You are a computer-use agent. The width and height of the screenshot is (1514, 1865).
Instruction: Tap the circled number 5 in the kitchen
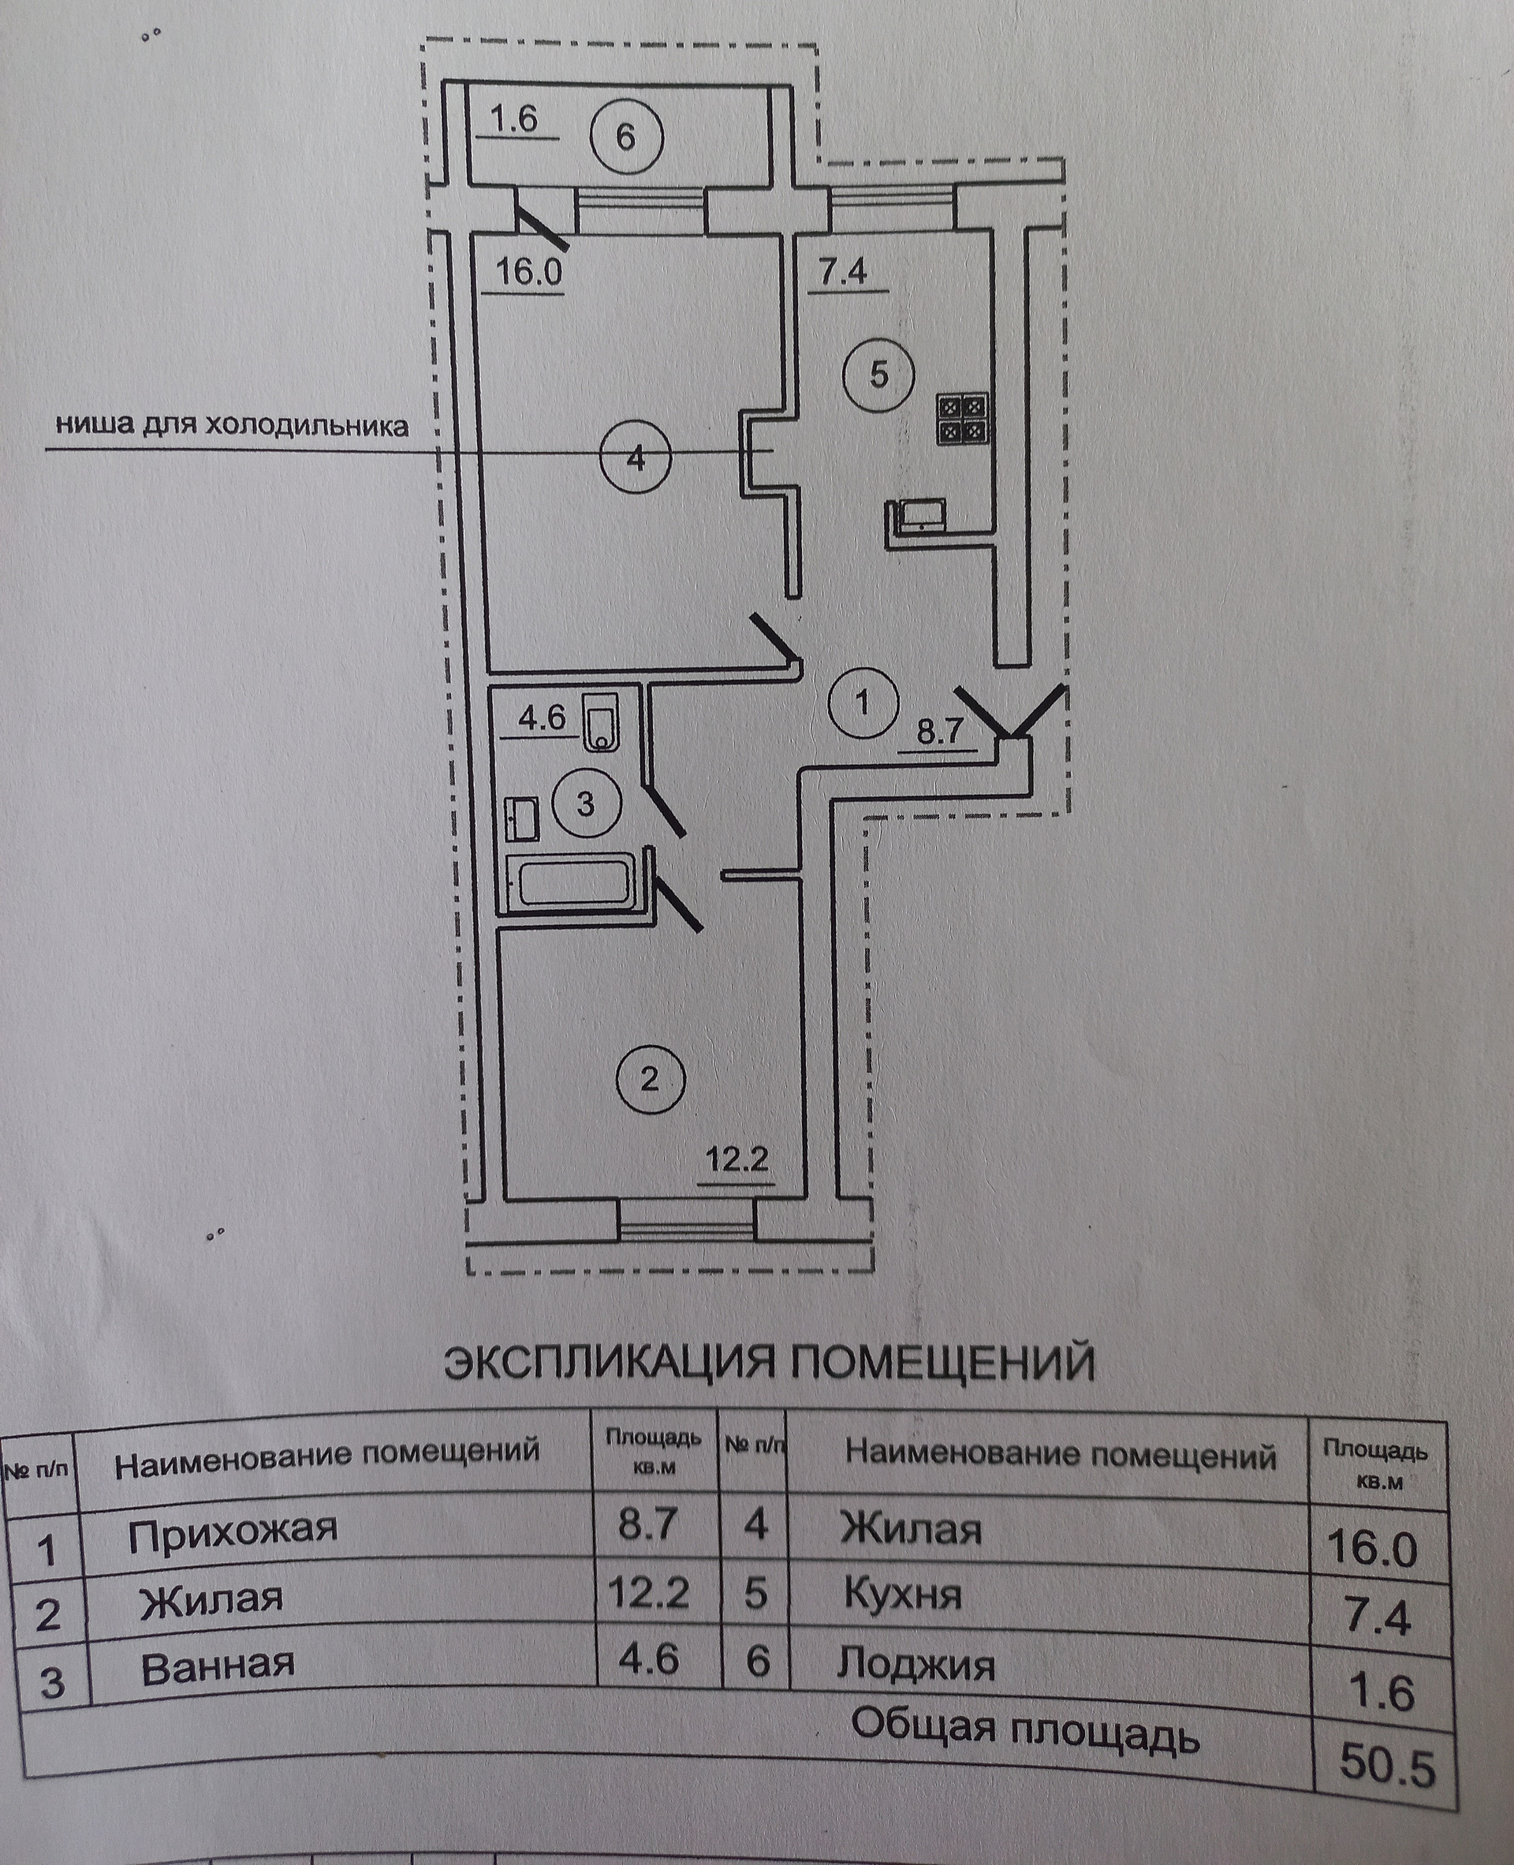tap(878, 375)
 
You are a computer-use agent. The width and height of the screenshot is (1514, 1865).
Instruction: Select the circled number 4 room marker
tap(636, 458)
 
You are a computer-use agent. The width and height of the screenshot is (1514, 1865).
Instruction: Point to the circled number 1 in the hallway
tap(863, 701)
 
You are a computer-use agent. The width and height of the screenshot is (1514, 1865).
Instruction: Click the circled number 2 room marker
tap(650, 1080)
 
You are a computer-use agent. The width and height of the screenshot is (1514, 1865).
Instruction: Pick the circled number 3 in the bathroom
tap(585, 803)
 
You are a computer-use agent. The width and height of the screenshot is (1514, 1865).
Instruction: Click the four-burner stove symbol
tap(963, 419)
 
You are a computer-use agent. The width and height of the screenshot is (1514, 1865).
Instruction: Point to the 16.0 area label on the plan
tap(528, 271)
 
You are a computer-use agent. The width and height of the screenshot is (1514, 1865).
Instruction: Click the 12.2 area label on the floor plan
tap(737, 1161)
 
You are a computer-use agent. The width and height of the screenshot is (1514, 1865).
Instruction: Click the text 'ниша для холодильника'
tap(232, 426)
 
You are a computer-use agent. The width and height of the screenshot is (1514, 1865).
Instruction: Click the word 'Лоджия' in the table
tap(915, 1663)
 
